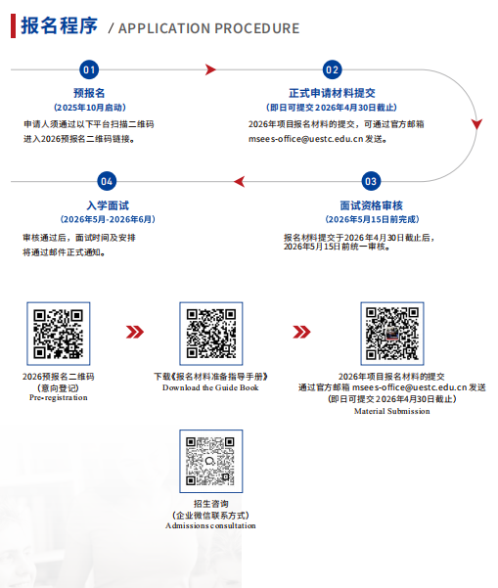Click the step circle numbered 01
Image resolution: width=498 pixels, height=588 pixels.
click(89, 69)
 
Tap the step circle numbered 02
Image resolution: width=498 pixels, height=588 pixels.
click(333, 69)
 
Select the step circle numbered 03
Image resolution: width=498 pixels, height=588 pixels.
click(371, 182)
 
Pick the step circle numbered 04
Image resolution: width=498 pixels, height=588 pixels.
click(107, 182)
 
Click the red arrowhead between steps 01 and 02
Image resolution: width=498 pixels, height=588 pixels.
click(210, 69)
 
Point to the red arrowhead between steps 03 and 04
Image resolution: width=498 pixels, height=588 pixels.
click(240, 182)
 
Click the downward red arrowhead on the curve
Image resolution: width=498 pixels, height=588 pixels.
click(476, 124)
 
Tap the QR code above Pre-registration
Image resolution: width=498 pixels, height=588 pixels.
click(59, 334)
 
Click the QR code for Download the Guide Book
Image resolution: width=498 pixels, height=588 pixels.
click(211, 334)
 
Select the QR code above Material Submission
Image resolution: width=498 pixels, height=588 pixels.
click(392, 334)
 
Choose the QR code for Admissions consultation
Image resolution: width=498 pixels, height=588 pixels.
click(211, 461)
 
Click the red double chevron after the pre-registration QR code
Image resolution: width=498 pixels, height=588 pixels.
click(135, 332)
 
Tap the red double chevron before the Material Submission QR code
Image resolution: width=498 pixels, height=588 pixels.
click(302, 332)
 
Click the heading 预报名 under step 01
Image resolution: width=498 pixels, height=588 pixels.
click(89, 93)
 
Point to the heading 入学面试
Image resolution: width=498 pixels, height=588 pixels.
click(108, 205)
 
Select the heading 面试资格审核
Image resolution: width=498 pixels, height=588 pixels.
click(371, 205)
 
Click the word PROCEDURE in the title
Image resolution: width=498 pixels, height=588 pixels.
click(257, 28)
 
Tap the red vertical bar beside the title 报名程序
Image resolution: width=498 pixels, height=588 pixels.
click(13, 25)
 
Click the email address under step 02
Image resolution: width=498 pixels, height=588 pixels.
click(305, 139)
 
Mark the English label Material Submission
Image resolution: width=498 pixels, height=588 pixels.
click(392, 411)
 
